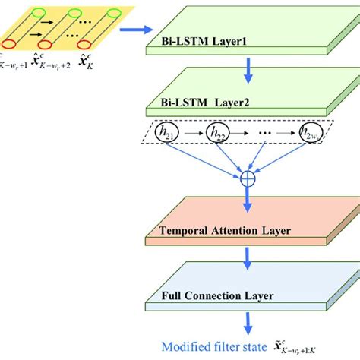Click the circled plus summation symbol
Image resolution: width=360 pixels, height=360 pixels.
point(246,179)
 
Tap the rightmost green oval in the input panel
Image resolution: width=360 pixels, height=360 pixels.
point(115,13)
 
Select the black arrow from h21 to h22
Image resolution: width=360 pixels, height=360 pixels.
point(193,134)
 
